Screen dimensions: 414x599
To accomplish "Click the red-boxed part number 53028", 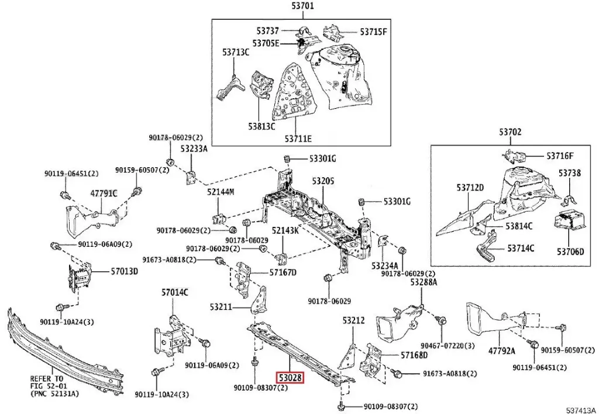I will click(291, 378).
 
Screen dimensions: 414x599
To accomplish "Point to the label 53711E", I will click(298, 139).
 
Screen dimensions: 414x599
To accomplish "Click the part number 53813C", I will click(261, 126).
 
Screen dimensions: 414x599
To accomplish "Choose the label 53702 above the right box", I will click(510, 133).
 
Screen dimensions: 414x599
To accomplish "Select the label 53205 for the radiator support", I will click(322, 182).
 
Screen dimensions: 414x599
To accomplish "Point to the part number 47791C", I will click(104, 193).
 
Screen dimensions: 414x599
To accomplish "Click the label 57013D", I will click(125, 271).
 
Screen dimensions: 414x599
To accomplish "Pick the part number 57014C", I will click(175, 292).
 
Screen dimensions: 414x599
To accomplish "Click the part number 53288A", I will click(424, 282).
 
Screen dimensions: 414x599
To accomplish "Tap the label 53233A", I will click(194, 149).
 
